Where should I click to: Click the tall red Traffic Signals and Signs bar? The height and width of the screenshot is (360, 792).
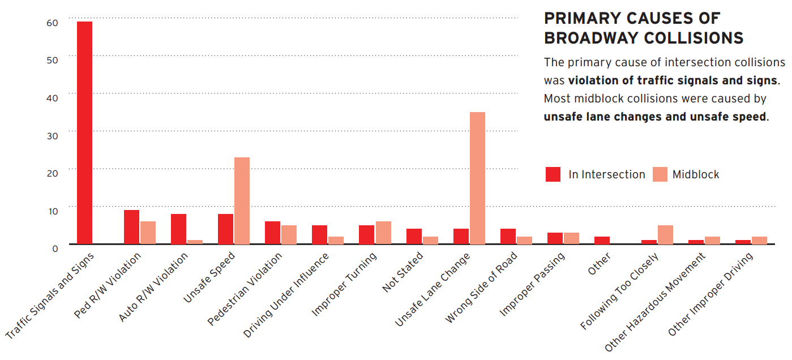[x=84, y=132]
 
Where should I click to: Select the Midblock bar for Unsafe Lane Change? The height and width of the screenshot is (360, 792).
[x=477, y=178]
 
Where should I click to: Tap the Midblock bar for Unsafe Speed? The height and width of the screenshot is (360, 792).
[x=242, y=200]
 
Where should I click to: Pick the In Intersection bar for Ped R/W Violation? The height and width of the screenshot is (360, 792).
[x=131, y=227]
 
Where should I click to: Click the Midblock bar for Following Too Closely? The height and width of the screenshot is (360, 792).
[x=665, y=235]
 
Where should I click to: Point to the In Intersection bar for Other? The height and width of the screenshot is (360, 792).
[x=602, y=241]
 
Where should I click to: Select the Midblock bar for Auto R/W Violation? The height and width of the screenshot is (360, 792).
[x=195, y=242]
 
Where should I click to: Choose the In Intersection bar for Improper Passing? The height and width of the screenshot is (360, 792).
[x=555, y=238]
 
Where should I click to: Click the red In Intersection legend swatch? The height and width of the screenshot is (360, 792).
[x=553, y=174]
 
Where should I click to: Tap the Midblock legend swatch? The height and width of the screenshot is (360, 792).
[x=660, y=174]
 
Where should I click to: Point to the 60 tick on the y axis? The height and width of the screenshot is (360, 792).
[x=52, y=23]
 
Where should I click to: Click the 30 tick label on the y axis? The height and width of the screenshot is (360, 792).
[x=52, y=135]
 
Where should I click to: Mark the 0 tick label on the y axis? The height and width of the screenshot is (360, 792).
[x=55, y=248]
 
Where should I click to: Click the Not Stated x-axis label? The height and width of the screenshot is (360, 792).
[x=403, y=272]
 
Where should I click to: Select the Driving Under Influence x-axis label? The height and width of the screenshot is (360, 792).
[x=286, y=295]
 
